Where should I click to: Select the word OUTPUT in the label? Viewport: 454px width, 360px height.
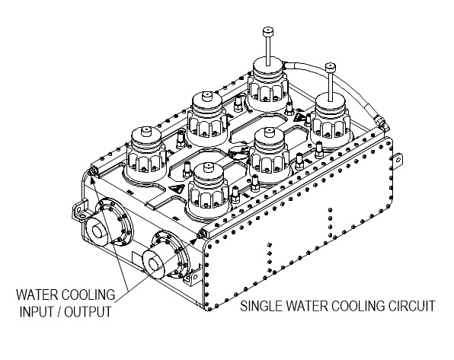88,312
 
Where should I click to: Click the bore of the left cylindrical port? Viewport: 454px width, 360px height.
98,231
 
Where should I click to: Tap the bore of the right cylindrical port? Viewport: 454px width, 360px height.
154,263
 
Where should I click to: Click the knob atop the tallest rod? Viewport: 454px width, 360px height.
268,31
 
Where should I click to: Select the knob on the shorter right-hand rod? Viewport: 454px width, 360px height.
331,68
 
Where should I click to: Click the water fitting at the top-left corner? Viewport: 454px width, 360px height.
92,172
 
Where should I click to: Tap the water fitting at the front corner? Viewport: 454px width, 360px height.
200,234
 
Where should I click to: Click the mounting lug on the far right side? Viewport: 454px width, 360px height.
398,161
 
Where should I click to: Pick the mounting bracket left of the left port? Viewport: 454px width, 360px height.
79,210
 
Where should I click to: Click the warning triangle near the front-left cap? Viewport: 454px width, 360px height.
177,190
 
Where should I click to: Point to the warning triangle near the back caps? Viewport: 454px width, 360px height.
299,117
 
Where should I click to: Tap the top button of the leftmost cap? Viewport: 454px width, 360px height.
146,132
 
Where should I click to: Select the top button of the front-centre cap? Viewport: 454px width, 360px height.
208,167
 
